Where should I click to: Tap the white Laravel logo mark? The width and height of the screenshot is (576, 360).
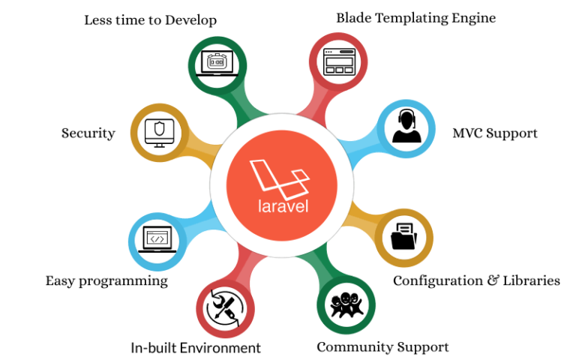(x=279, y=174)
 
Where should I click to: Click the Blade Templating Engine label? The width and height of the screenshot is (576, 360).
(x=415, y=17)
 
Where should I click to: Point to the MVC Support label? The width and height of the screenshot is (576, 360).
(x=495, y=133)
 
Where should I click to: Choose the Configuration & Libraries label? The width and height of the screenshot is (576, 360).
(x=476, y=280)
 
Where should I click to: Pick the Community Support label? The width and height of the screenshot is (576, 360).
(x=382, y=347)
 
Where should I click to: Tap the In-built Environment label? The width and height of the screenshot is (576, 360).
(x=196, y=348)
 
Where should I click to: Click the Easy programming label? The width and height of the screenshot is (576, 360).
(x=106, y=281)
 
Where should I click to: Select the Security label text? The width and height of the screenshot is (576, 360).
(x=88, y=133)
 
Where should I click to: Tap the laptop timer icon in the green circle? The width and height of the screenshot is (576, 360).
(x=217, y=63)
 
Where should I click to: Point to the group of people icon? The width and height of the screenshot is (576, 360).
(x=346, y=305)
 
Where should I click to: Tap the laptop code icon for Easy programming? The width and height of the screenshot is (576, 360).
(x=157, y=241)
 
